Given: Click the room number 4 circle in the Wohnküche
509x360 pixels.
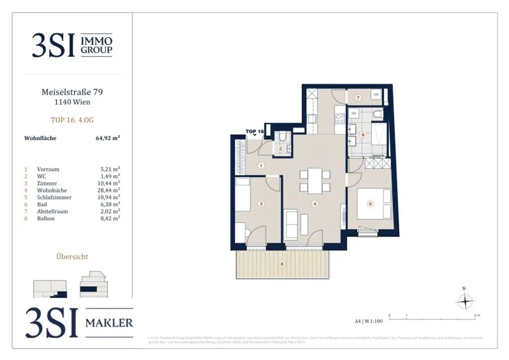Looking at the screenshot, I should point(314,203).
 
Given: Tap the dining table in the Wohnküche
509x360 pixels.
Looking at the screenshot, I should point(315,181).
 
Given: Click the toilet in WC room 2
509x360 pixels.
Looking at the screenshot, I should point(282,138).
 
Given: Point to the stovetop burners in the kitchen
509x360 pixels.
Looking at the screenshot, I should point(341,119).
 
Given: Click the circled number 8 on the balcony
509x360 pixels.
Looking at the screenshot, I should point(282,264).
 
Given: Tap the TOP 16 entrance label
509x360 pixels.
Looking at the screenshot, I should point(254,132).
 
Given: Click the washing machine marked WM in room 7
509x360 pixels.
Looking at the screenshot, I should point(376,94).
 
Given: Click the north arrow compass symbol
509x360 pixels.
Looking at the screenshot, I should point(464,301).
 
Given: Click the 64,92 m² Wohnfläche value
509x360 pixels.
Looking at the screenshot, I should point(108,138).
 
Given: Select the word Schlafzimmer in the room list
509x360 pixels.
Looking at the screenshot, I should point(54,197).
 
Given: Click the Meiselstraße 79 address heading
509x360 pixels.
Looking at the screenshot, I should point(73,92).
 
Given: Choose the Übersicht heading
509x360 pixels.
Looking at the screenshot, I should point(73,257).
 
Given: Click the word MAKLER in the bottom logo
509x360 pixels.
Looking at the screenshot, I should point(109,323).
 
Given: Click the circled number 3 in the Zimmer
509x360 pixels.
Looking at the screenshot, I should point(260,203).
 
